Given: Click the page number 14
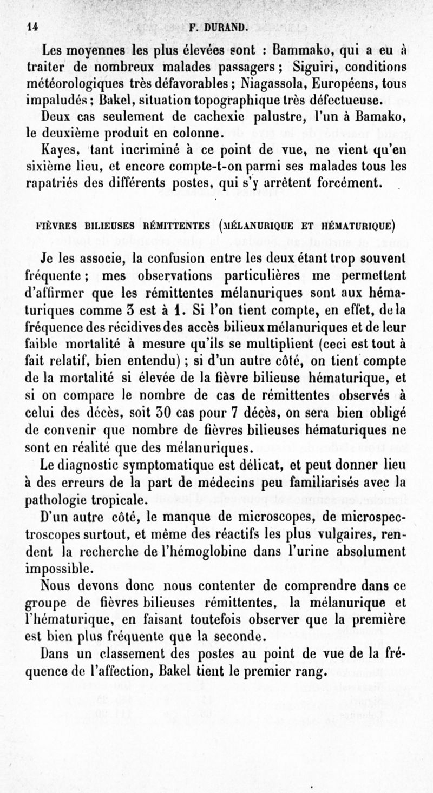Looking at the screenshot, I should (x=31, y=25).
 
